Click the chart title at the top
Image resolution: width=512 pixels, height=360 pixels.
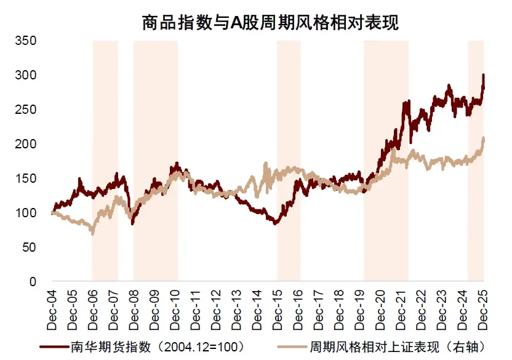270,23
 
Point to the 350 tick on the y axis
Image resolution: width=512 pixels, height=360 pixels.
26,41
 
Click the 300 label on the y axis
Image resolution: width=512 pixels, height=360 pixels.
26,75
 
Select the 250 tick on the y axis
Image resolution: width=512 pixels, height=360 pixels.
26,110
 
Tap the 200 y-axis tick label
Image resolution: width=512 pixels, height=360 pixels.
26,144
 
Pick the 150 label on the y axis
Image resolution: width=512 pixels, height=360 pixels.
26,178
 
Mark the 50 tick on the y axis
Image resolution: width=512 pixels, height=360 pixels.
30,247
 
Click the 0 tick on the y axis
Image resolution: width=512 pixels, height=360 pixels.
33,282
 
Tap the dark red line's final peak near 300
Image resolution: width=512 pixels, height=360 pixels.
483,75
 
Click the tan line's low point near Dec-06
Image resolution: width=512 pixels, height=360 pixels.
93,234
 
